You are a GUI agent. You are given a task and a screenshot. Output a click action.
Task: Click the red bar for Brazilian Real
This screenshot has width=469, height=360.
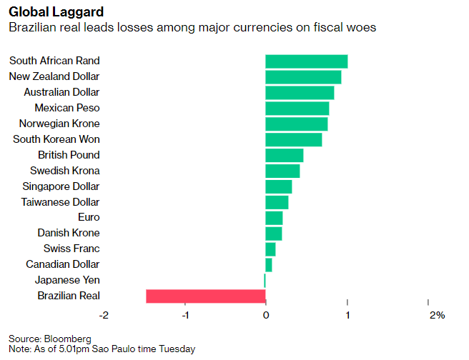tap(206, 296)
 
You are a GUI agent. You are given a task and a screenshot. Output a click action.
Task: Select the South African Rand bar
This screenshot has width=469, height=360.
tap(306, 61)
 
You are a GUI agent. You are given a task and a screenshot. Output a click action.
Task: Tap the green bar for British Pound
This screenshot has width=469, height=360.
tap(284, 155)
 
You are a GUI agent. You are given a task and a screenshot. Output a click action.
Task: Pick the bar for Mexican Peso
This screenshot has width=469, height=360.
tap(297, 109)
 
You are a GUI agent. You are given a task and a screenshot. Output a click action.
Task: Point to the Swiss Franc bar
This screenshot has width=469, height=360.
tap(270, 249)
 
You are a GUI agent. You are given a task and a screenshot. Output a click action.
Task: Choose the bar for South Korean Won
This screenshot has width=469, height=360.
tap(293, 139)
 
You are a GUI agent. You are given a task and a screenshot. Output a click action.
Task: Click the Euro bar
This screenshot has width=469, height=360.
tap(274, 217)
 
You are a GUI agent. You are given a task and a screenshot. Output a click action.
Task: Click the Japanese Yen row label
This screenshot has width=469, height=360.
tap(69, 280)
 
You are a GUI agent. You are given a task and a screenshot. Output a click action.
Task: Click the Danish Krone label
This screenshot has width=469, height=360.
tap(69, 233)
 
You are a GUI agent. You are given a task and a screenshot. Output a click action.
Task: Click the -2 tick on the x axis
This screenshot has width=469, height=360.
tap(104, 315)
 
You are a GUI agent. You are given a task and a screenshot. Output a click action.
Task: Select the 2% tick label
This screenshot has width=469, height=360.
tap(437, 315)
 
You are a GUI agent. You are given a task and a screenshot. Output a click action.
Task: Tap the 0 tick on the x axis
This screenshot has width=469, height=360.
tap(265, 315)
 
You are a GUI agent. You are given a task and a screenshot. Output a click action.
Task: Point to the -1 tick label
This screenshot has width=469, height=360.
tap(185, 315)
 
